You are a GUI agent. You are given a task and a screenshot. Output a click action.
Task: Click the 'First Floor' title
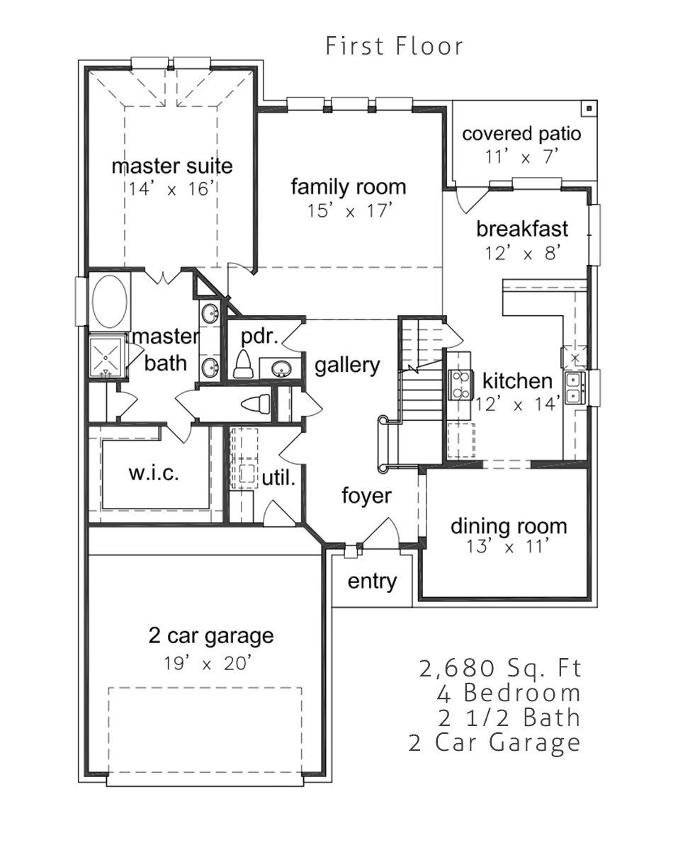click(x=394, y=46)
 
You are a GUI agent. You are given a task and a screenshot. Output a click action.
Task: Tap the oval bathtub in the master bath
click(x=110, y=301)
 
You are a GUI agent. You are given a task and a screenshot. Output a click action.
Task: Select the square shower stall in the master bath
click(x=106, y=358)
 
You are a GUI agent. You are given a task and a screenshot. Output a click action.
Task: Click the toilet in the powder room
click(x=243, y=364)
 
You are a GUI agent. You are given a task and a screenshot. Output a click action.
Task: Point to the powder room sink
click(x=281, y=369)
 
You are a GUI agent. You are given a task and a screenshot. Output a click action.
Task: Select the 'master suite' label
click(x=172, y=166)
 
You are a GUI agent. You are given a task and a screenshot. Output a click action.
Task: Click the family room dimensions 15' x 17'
click(x=349, y=210)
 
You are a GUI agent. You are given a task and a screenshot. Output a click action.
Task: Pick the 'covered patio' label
click(x=521, y=134)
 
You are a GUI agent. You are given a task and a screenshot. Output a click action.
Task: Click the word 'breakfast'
click(x=522, y=229)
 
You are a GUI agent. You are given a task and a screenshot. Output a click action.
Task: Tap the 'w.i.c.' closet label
click(x=154, y=473)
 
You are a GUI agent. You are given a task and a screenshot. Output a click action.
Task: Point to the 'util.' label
click(x=278, y=478)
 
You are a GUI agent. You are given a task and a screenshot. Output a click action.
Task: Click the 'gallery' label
click(x=347, y=365)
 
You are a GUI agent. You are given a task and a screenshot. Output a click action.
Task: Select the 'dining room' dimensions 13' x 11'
click(x=508, y=547)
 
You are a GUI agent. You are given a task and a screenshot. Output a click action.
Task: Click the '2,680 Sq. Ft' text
click(x=500, y=668)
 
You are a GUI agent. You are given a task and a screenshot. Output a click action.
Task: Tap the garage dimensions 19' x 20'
click(x=207, y=663)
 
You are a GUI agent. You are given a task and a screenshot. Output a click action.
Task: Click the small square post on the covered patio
click(x=589, y=108)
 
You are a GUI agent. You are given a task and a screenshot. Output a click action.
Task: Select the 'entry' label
click(x=372, y=581)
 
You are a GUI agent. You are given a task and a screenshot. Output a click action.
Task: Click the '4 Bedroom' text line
click(x=509, y=693)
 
